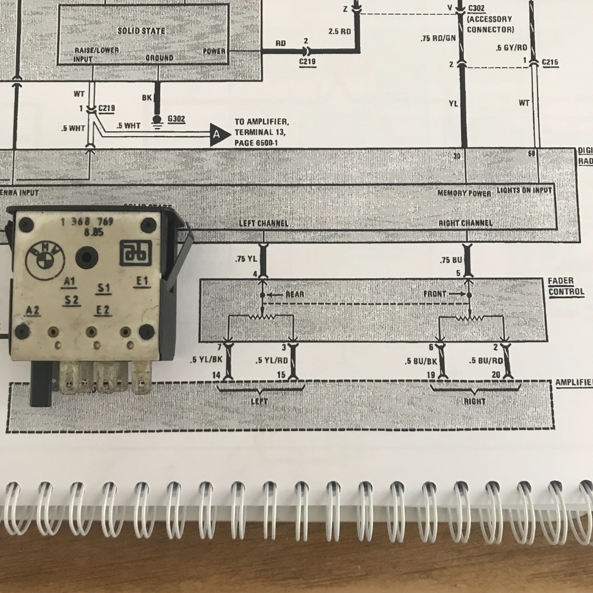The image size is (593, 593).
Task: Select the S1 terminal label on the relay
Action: tap(104, 288)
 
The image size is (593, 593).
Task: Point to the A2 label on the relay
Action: tap(33, 310)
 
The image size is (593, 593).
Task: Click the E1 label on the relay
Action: tap(142, 281)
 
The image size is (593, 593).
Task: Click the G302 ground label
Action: tap(177, 118)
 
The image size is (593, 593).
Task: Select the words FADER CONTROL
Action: tap(561, 286)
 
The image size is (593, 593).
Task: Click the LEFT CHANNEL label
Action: tap(263, 223)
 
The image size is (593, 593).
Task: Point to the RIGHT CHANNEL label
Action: tap(466, 223)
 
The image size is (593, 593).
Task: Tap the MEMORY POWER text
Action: tap(464, 193)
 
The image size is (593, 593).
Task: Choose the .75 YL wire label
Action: tap(246, 259)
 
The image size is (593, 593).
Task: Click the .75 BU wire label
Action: tap(449, 260)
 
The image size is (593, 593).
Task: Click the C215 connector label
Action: tap(550, 63)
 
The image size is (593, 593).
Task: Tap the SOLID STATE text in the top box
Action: tap(141, 31)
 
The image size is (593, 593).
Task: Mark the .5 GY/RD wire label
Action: tap(511, 48)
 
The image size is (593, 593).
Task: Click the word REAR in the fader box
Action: tap(294, 294)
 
